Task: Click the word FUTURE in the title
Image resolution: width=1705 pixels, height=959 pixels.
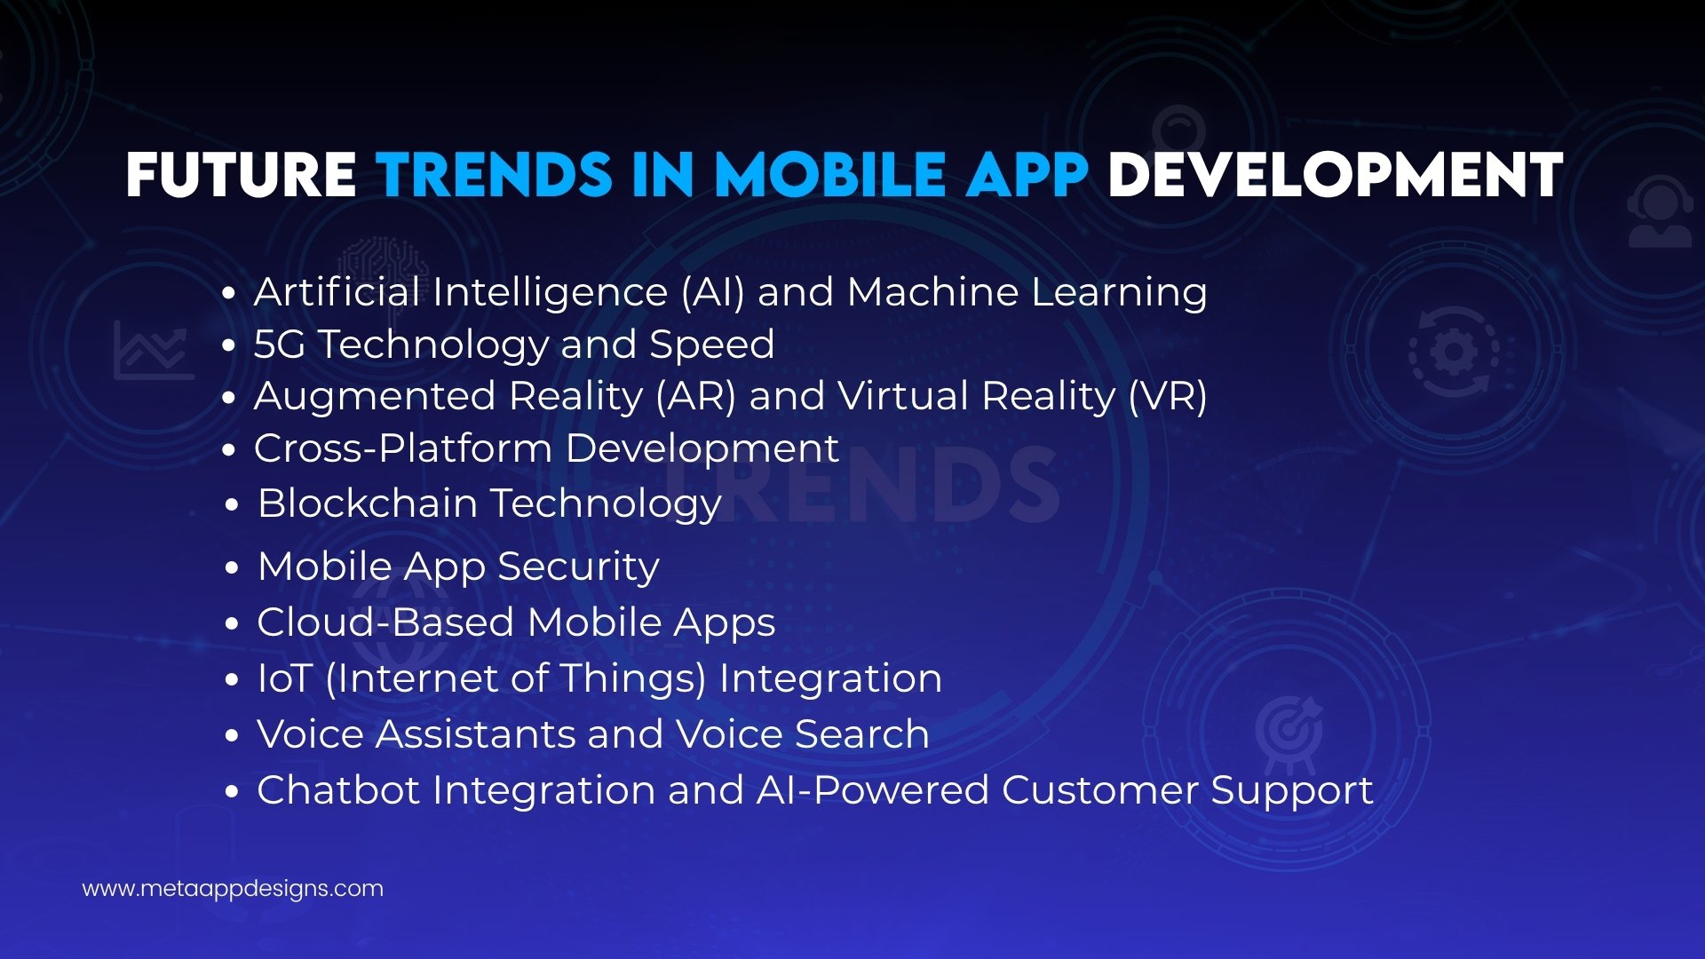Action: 241,174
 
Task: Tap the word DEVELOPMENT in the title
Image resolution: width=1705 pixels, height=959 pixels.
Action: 1335,174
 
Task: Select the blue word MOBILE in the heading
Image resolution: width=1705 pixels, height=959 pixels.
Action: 830,174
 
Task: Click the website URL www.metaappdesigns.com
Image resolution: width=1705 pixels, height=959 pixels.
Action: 233,889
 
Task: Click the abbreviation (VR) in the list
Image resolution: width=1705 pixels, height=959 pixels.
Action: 1167,396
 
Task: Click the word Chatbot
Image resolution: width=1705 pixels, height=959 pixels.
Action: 337,790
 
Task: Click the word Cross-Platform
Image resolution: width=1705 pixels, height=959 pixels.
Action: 403,448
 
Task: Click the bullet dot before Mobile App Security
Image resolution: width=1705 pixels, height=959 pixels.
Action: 232,568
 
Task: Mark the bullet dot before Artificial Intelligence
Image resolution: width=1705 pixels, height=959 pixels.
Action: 229,294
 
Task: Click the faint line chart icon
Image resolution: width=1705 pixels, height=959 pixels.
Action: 153,351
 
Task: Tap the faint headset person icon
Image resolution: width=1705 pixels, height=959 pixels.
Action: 1659,213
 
